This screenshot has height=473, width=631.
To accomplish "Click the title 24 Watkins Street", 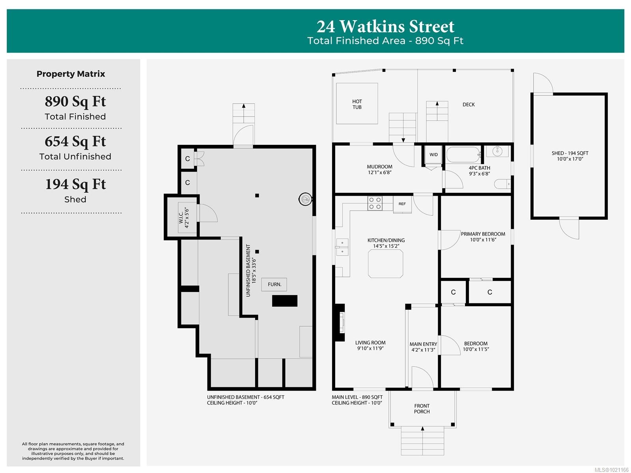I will click(x=385, y=26).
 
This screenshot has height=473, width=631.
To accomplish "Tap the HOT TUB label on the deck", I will click(x=357, y=104).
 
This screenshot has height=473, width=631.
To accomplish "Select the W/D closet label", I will click(x=433, y=155).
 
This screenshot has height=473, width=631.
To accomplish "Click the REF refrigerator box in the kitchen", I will click(x=402, y=204).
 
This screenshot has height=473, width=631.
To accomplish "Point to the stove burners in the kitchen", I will click(x=375, y=203).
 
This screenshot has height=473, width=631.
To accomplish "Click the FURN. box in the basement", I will click(x=274, y=284).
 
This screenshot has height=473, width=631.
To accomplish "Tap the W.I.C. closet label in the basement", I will click(x=184, y=218).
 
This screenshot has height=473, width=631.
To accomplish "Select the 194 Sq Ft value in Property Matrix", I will click(x=75, y=184).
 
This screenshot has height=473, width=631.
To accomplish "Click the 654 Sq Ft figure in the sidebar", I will click(x=75, y=141).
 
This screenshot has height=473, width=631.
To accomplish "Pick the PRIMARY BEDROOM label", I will click(x=483, y=234).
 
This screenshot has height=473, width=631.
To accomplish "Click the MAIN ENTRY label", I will click(x=423, y=344).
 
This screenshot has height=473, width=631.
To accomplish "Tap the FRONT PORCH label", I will click(x=422, y=409).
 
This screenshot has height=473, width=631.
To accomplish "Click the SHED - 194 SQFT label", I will click(x=570, y=153).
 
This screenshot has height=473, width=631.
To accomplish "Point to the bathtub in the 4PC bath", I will click(x=463, y=155).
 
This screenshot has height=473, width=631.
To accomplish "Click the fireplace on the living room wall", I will click(x=340, y=322).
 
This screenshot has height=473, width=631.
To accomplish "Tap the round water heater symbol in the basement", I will click(x=305, y=199).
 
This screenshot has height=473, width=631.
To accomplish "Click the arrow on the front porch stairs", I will click(x=422, y=428).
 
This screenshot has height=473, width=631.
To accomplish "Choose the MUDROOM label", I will click(x=379, y=167).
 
